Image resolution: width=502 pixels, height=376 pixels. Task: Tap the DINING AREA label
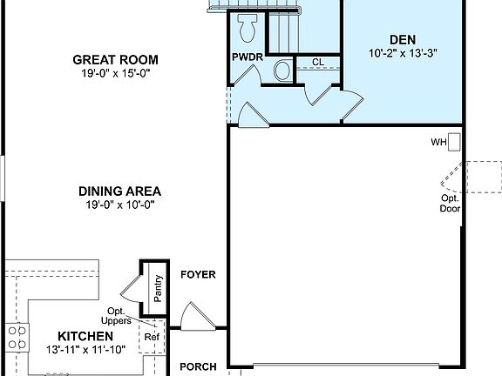coord(120,191)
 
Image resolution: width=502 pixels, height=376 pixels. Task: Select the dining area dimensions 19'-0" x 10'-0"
coord(120,205)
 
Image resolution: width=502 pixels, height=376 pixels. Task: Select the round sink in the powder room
coord(283,70)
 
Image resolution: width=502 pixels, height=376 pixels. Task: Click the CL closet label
coord(318,62)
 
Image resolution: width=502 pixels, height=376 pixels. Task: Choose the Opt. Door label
coord(450,204)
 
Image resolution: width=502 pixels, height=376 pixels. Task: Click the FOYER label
coord(197,274)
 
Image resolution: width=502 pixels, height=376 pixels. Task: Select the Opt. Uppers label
coord(120,316)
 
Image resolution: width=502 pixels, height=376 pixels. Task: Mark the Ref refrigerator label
coord(152,338)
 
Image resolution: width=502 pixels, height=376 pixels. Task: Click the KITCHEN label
coord(85,336)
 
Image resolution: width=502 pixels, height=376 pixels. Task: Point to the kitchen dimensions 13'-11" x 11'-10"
coord(85,350)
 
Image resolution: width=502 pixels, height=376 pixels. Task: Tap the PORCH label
coord(198,366)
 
